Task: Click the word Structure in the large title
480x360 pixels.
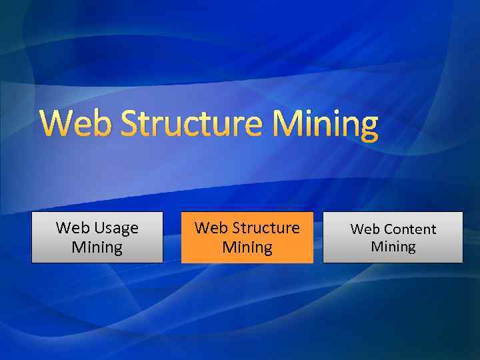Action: (190, 124)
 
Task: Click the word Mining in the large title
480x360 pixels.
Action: (326, 125)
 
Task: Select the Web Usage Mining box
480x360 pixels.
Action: (97, 237)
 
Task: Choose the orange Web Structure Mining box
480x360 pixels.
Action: (247, 237)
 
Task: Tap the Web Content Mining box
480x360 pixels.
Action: (393, 237)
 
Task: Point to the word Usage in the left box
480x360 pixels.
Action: (116, 228)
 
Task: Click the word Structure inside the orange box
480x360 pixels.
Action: (265, 228)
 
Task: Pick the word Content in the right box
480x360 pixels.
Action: (410, 229)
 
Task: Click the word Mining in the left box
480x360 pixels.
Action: (97, 248)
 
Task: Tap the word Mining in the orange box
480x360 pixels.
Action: (247, 248)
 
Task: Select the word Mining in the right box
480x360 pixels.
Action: (393, 247)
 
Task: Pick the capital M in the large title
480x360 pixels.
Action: (287, 124)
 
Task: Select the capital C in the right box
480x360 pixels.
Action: (389, 229)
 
